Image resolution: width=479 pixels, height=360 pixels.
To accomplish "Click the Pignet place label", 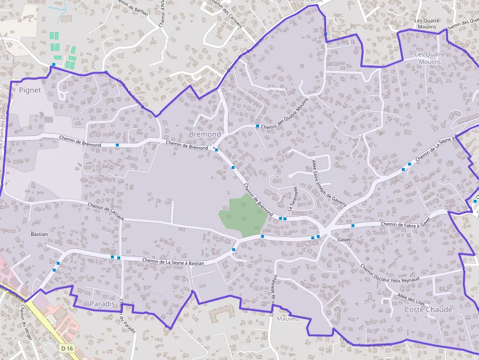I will click(30, 90).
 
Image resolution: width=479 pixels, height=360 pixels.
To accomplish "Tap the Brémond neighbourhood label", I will click(205, 134).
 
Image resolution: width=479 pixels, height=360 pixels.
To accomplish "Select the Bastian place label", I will click(39, 234).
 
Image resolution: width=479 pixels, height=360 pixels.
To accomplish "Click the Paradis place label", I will click(102, 304).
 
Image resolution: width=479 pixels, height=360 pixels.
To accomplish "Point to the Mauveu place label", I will click(287, 319).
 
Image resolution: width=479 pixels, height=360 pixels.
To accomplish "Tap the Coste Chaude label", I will click(429, 310).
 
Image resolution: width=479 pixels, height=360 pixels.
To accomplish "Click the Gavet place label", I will click(344, 240).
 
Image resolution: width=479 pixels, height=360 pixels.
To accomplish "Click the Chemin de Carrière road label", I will click(106, 211).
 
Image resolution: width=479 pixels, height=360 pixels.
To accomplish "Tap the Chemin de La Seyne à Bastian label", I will click(173, 262).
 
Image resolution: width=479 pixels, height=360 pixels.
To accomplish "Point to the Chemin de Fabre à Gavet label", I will click(405, 224).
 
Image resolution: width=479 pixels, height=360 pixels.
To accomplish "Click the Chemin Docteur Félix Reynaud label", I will click(390, 280).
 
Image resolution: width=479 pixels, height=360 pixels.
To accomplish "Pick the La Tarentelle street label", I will click(292, 199).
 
